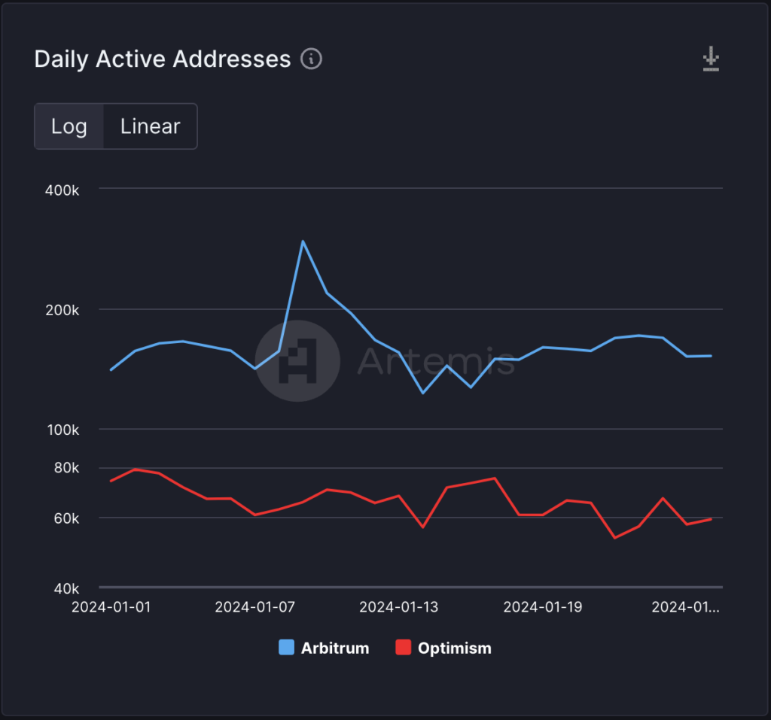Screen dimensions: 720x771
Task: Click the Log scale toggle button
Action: pos(69,126)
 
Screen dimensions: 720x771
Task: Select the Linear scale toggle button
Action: pos(151,126)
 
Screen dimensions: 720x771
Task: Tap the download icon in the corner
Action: pos(711,59)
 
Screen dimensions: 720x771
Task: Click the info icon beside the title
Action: pos(312,59)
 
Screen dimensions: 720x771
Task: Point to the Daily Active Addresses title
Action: pos(163,59)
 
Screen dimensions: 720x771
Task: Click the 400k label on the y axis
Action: pos(62,190)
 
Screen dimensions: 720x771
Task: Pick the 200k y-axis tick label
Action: pos(62,311)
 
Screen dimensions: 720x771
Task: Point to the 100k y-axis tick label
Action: pos(62,431)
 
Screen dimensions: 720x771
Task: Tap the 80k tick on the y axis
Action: pos(66,468)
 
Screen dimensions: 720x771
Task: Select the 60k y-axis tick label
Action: pos(66,518)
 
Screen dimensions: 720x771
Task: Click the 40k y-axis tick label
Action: pos(66,588)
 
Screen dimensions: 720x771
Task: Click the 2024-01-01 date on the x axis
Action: pos(111,607)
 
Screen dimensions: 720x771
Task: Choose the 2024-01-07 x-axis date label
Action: pos(254,607)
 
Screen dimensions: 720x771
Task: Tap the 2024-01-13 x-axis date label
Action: pos(399,607)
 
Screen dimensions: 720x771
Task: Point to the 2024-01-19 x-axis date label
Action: pos(543,607)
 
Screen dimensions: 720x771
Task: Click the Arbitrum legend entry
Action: pos(325,648)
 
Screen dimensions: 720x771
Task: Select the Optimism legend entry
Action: pos(444,648)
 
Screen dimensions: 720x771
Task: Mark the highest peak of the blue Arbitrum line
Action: pos(303,242)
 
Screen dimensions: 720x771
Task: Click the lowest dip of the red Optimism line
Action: pos(615,537)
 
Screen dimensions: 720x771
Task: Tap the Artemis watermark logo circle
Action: pos(297,360)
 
